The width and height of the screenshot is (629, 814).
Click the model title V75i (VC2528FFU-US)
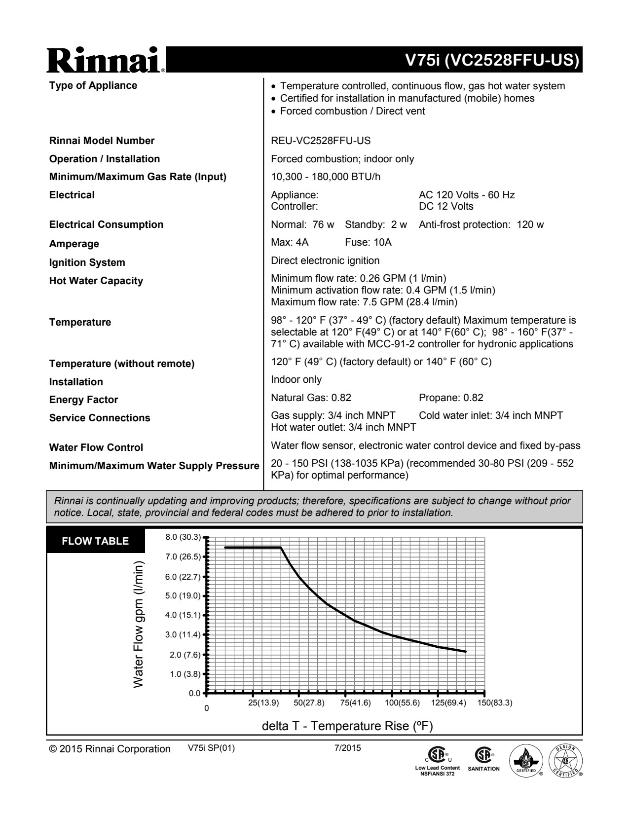point(490,60)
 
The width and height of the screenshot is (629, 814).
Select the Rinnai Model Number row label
point(102,141)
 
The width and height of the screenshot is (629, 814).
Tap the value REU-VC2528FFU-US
point(321,141)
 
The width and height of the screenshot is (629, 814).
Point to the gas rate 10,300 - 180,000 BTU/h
point(326,177)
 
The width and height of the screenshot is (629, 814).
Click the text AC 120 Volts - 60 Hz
point(467,195)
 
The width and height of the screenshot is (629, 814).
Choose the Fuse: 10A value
point(368,242)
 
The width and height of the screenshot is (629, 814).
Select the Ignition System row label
point(87,262)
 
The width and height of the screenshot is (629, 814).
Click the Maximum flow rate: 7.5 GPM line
point(364,302)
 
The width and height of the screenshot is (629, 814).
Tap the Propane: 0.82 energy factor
point(451,398)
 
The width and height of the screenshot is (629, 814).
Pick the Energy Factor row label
point(83,400)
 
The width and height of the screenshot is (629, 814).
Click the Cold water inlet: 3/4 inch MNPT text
point(490,415)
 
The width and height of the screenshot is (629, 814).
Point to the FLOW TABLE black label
point(95,541)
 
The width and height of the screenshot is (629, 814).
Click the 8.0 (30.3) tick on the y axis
point(183,537)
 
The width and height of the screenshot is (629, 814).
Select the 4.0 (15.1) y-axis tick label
point(183,615)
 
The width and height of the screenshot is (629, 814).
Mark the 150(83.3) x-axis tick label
point(495,703)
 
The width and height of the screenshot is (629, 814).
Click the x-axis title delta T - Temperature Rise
point(347,726)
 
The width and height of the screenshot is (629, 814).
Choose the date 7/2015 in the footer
point(347,748)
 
